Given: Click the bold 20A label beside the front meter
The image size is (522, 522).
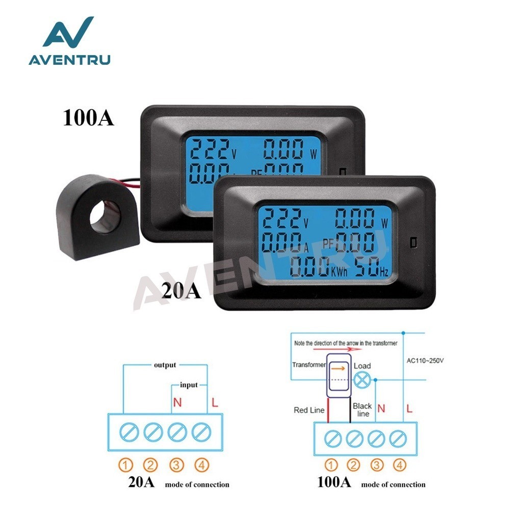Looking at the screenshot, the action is click(181, 291).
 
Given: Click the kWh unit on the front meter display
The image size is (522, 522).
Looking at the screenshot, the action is click(338, 272).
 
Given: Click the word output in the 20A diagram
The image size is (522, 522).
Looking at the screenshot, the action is click(165, 365).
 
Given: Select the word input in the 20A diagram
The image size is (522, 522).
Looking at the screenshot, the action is click(189, 385).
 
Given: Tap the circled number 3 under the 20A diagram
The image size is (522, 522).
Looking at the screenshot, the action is click(176, 464).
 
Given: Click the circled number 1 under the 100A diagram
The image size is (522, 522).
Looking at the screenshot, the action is click(331, 464).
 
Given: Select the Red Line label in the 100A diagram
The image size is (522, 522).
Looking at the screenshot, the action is click(309, 410).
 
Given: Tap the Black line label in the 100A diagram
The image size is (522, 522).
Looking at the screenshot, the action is click(362, 410).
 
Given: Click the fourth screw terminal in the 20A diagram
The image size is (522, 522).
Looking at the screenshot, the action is click(201, 433).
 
